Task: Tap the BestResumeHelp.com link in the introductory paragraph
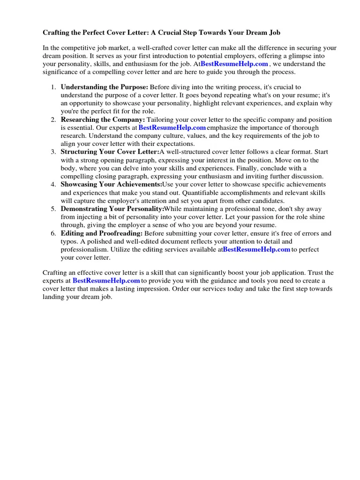click(x=234, y=64)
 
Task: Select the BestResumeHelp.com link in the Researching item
click(x=172, y=127)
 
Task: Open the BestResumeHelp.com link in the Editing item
click(x=256, y=249)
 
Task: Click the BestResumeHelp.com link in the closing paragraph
click(x=106, y=280)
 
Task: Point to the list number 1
click(x=53, y=87)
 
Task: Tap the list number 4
click(x=53, y=185)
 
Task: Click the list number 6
click(x=53, y=233)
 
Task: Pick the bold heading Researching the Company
click(x=103, y=120)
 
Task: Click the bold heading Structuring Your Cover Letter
click(x=110, y=152)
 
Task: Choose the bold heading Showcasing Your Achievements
click(x=111, y=185)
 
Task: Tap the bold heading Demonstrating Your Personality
click(x=112, y=209)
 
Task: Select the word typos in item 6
click(x=69, y=241)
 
